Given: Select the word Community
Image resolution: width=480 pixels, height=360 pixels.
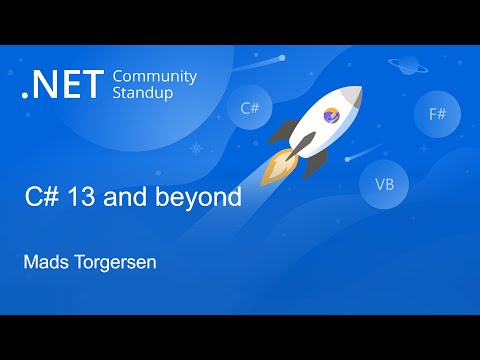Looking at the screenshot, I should (x=154, y=76).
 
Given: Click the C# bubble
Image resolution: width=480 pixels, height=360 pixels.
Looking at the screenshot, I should (x=250, y=109).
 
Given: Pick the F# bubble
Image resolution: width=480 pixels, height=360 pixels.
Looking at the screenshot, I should (x=437, y=114).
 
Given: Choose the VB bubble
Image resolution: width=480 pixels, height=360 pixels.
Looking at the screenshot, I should (x=384, y=184).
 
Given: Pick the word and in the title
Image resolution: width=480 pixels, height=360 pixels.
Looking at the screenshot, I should (x=147, y=197).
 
